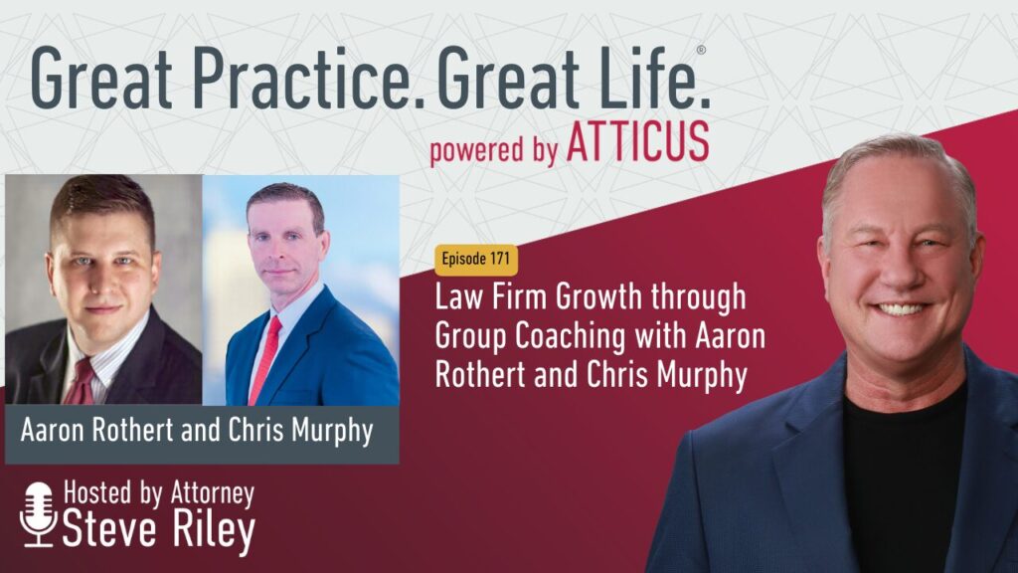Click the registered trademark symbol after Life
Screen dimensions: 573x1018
(x=701, y=50)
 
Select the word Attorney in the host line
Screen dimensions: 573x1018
(x=212, y=494)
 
